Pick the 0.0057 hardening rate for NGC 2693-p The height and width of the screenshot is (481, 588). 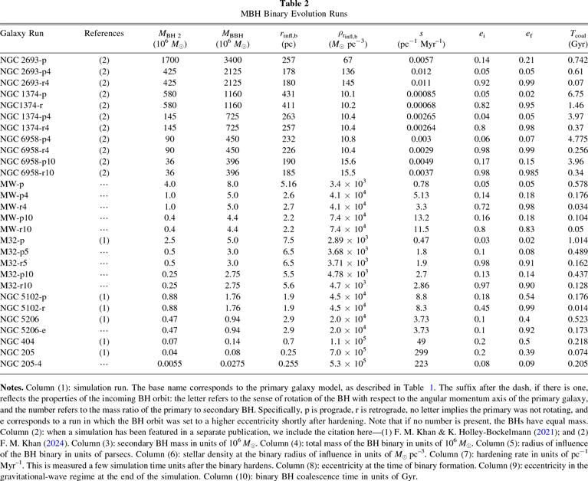point(420,60)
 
